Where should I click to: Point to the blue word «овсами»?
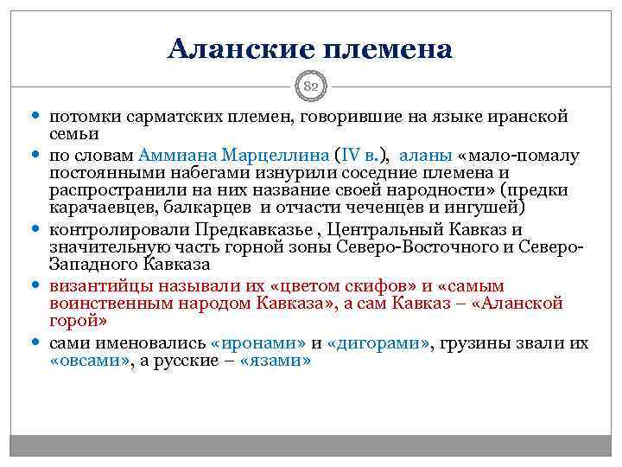(x=89, y=361)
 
